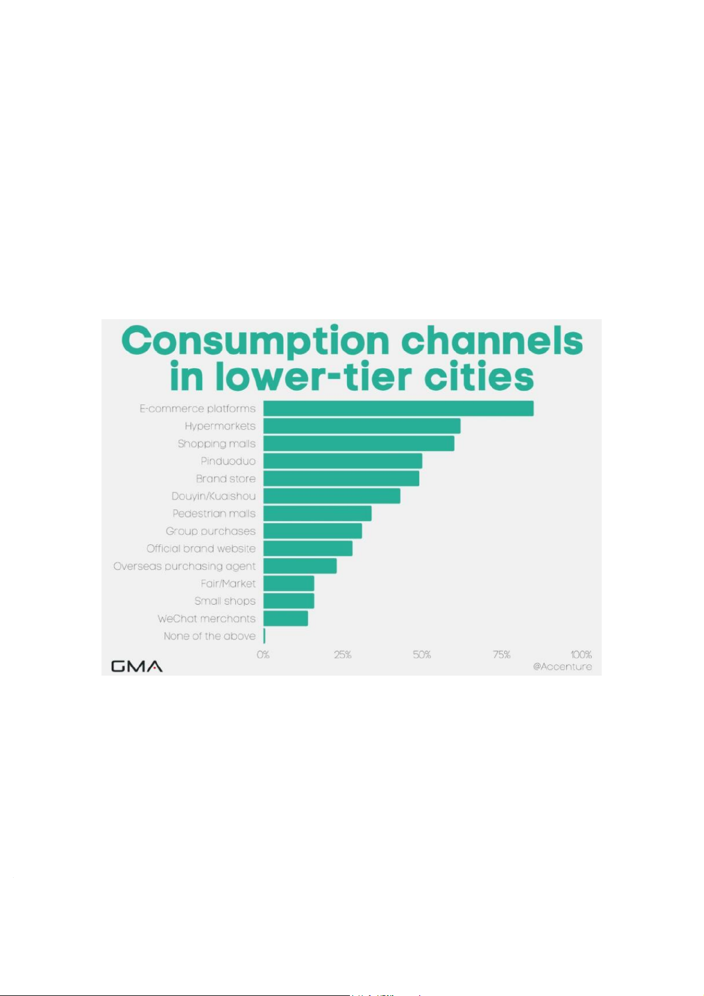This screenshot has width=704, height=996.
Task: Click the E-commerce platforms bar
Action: click(398, 408)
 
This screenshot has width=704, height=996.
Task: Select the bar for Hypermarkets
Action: click(362, 426)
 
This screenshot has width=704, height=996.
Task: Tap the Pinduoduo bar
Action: click(343, 461)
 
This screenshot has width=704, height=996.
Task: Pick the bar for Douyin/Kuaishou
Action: click(332, 496)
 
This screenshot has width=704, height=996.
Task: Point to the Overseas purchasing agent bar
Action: click(300, 566)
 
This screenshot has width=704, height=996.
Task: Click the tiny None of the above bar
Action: click(264, 636)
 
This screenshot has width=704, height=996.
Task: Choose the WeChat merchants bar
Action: click(286, 618)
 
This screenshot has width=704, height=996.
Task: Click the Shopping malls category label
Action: click(216, 444)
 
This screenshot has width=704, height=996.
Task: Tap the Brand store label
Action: click(226, 479)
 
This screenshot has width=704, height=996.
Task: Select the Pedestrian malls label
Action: click(214, 514)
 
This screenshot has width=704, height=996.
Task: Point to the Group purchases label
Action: click(210, 531)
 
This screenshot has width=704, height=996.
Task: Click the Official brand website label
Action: click(201, 549)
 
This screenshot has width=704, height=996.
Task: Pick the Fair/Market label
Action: click(228, 583)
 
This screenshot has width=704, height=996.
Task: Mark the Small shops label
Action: click(225, 601)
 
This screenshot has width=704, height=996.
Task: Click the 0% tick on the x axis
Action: click(263, 655)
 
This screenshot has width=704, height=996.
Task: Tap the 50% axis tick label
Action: click(422, 655)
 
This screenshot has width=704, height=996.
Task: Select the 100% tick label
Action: click(581, 655)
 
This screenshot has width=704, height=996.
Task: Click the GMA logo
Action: click(137, 667)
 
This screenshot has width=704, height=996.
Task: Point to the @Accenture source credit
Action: click(562, 667)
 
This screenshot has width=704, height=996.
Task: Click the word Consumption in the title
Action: click(256, 342)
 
